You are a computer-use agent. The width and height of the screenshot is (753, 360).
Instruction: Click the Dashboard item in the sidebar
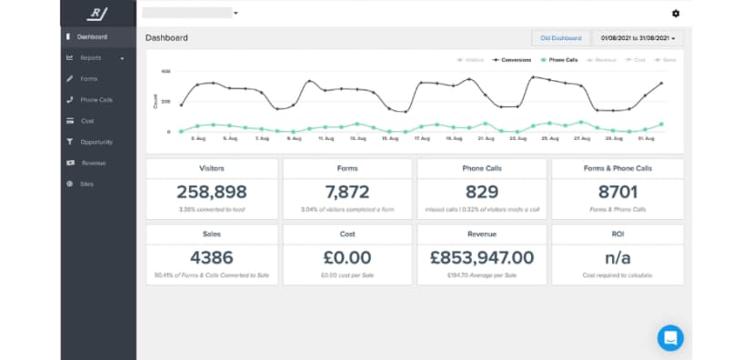click(92, 37)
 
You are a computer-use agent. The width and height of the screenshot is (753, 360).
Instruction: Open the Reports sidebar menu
click(91, 58)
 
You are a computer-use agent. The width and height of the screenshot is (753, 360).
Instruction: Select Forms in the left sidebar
click(88, 79)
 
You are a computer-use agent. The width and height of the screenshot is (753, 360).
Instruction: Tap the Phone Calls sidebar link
click(96, 100)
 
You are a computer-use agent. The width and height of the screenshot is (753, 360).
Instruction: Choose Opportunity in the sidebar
click(95, 142)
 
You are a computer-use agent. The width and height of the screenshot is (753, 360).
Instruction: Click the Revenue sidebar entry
click(93, 163)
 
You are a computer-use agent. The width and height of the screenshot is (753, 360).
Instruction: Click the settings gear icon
click(675, 14)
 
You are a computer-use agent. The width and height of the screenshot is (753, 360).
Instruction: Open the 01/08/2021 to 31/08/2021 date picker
click(638, 38)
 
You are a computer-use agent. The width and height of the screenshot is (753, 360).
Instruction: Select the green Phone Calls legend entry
click(559, 60)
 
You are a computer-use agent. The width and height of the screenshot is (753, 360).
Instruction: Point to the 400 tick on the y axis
click(166, 71)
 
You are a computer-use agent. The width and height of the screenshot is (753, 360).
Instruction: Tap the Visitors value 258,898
click(212, 192)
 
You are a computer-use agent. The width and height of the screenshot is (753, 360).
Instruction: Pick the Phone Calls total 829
click(482, 192)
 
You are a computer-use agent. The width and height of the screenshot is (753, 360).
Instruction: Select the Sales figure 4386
click(212, 257)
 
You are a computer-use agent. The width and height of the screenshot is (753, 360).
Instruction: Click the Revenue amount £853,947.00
click(482, 257)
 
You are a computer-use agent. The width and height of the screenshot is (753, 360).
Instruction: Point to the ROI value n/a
click(617, 257)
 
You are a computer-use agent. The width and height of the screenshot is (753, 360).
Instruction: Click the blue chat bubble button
click(670, 337)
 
